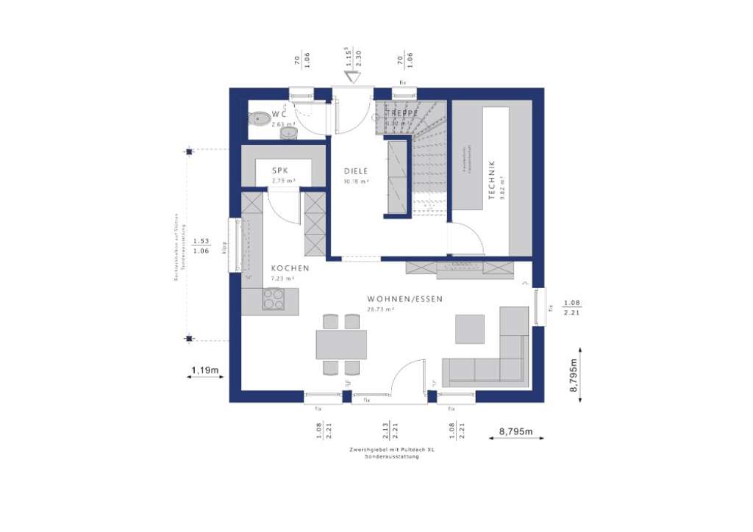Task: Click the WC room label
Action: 278,115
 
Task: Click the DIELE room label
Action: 356,170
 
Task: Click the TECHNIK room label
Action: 493,181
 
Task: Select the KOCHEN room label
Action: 290,268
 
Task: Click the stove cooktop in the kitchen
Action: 274,299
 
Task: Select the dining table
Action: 341,344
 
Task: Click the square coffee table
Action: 469,328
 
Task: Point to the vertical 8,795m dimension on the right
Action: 574,375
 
